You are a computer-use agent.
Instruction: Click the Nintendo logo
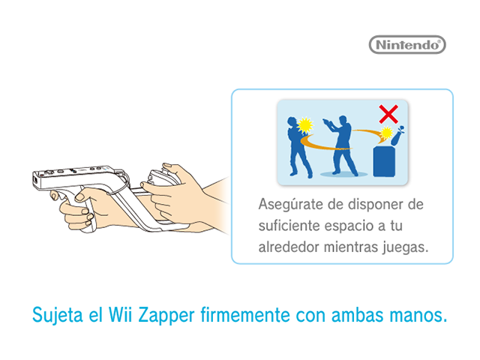[x=407, y=45]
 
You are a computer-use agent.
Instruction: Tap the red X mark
[x=388, y=114]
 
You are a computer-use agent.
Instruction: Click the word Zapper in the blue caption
[x=166, y=315]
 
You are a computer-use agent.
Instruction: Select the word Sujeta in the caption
[x=58, y=314]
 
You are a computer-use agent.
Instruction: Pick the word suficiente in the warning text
[x=289, y=226]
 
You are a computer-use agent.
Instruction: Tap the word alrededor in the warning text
[x=289, y=247]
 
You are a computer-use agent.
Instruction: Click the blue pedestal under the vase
[x=384, y=161]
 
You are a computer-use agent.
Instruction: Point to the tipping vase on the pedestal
[x=397, y=136]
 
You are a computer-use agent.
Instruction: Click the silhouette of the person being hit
[x=298, y=147]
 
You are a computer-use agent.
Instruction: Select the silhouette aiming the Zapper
[x=340, y=145]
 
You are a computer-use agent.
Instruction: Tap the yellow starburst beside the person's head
[x=305, y=125]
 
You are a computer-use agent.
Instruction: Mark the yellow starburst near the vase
[x=386, y=133]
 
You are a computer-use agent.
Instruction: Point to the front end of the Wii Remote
[x=36, y=180]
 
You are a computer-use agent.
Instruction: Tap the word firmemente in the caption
[x=245, y=314]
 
